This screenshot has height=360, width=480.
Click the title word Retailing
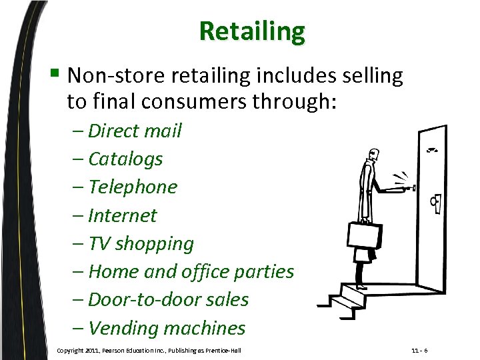point(251,31)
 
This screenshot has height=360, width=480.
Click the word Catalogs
point(125,159)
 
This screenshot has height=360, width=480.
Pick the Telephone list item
point(133,187)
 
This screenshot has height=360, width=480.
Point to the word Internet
point(123,215)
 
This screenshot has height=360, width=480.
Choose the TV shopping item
point(141,244)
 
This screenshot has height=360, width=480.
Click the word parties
point(265,272)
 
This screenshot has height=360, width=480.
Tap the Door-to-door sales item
point(168,300)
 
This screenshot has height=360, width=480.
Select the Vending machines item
point(167,328)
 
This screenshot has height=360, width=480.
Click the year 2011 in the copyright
point(92,350)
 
